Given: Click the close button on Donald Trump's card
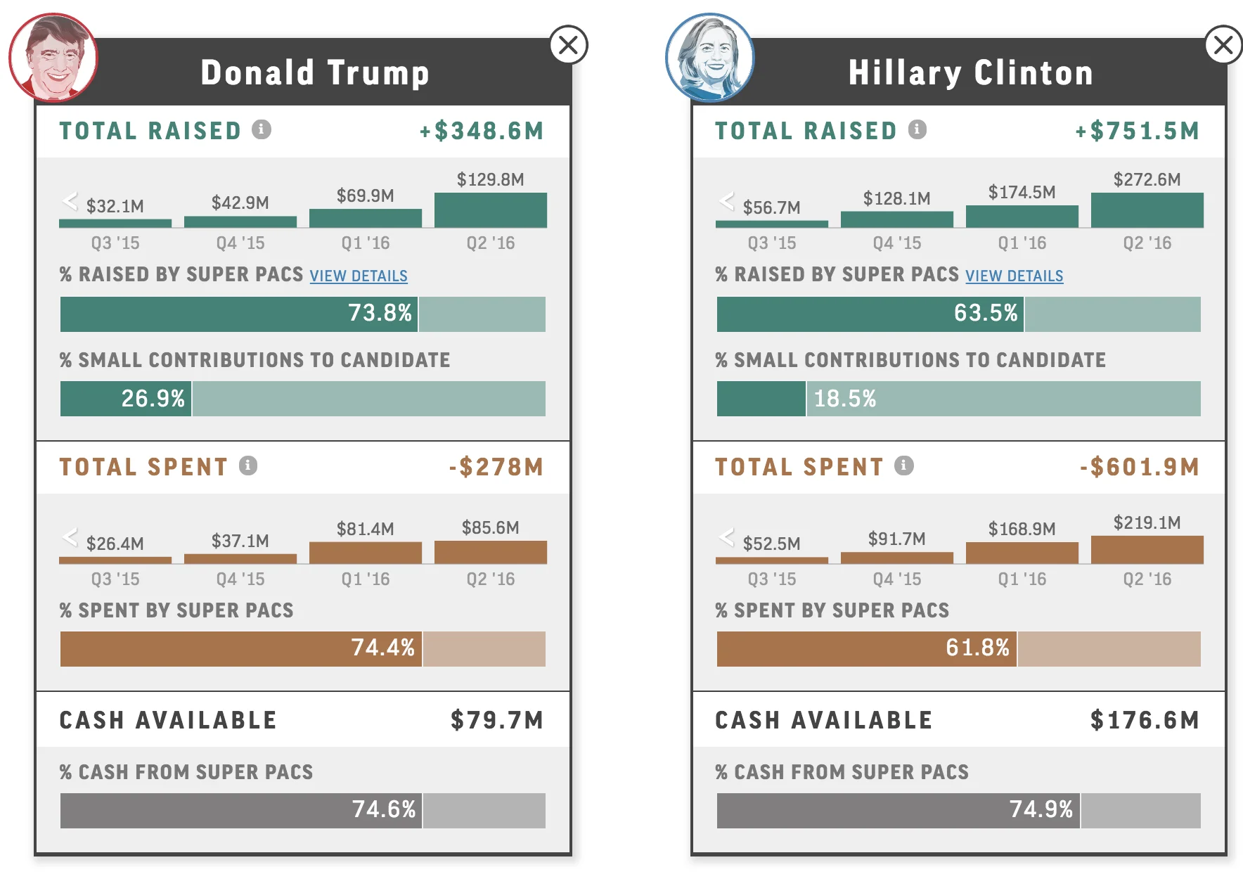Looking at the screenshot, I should coord(568,45).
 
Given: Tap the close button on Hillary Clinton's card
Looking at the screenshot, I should coord(1223,45).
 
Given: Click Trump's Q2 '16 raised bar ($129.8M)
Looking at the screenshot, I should coord(490,210).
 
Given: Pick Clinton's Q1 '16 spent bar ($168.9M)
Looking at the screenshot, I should coord(1022,553).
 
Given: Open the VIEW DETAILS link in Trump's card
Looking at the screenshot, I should coord(359,276).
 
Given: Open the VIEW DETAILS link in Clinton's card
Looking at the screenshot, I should coord(1014,276).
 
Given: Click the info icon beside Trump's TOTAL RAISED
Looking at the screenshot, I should coord(262,129).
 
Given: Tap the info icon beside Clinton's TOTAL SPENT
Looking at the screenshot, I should coord(904,466).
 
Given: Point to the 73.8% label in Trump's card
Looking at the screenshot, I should coord(380,313).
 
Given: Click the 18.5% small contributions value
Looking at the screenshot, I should coord(844,399).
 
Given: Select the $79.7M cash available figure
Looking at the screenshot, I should coord(496,720).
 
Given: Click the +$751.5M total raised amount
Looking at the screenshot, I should coord(1137,131).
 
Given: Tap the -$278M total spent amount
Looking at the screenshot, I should coord(496,467).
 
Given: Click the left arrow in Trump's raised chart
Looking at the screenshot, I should coord(70,201).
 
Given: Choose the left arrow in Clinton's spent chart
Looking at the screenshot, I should coord(726,537).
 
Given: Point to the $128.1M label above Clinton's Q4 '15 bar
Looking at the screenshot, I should coord(896,198).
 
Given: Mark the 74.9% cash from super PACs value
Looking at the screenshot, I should coord(1041,809).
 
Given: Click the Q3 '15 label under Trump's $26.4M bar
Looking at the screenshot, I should coord(115,579).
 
